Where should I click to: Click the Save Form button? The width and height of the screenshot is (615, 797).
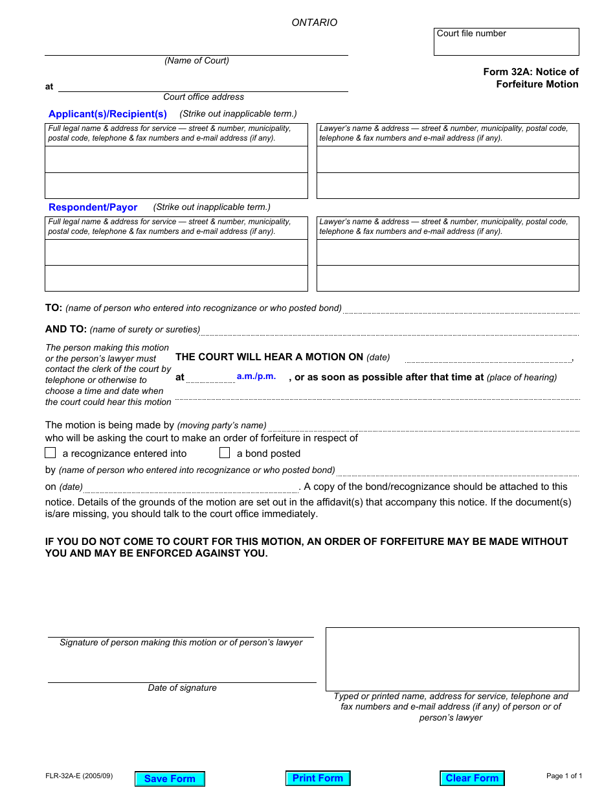click(170, 779)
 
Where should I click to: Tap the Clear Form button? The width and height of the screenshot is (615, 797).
click(472, 778)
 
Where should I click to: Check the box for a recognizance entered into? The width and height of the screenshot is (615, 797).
click(50, 453)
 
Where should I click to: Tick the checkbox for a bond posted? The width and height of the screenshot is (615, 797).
click(225, 453)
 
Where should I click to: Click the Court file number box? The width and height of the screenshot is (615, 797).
click(506, 42)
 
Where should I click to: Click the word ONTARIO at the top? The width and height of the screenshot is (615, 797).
click(315, 23)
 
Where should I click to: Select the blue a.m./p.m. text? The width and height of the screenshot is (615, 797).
click(256, 376)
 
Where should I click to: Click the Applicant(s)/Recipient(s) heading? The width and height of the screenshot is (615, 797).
click(107, 114)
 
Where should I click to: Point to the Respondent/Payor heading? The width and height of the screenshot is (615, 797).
click(93, 207)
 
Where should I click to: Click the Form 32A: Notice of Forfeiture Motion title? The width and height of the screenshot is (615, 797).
click(531, 78)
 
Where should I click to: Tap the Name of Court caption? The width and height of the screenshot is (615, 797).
click(197, 61)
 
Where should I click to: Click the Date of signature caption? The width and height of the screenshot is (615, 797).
click(182, 688)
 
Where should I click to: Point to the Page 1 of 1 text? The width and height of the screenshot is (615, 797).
click(565, 776)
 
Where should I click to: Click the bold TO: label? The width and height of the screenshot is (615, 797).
click(54, 308)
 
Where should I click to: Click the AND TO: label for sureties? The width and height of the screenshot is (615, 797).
click(66, 329)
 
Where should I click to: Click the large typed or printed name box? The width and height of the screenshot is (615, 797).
click(452, 658)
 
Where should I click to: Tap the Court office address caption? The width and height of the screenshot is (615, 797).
click(203, 97)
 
